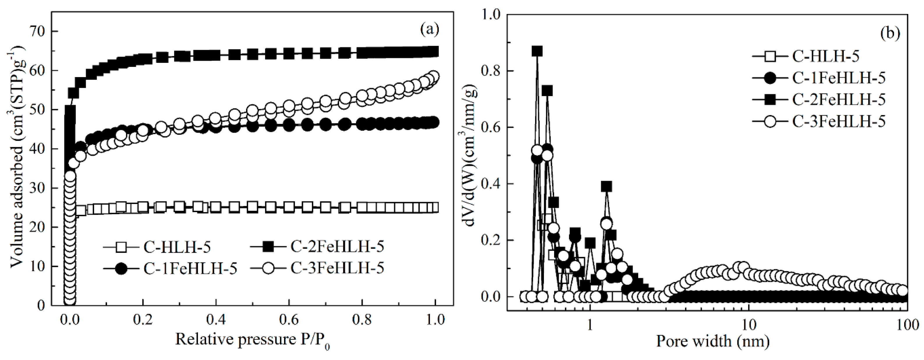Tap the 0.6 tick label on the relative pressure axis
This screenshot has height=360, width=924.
[289, 320]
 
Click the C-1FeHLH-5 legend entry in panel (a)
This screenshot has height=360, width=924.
[170, 269]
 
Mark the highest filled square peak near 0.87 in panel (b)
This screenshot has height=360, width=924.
[537, 52]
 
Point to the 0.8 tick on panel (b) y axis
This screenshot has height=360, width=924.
[492, 71]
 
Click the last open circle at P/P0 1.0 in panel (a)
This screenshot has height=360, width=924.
[434, 76]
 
